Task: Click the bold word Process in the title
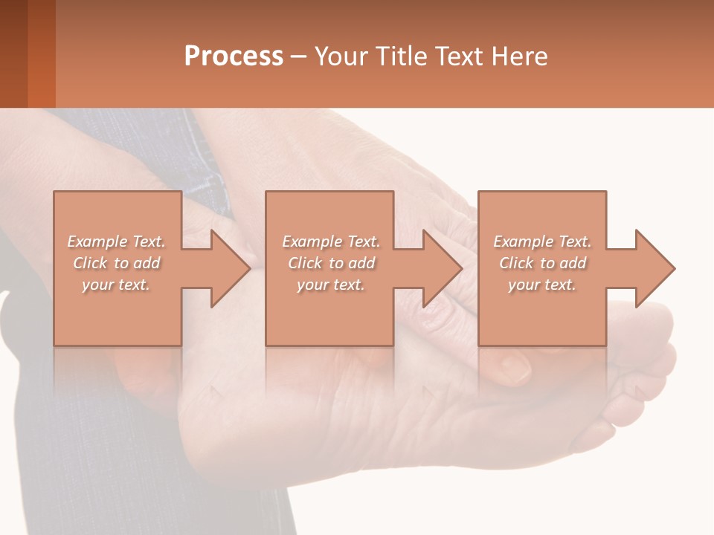pyautogui.click(x=234, y=56)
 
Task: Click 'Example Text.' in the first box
pyautogui.click(x=116, y=241)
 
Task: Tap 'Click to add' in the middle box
pyautogui.click(x=331, y=263)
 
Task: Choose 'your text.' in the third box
pyautogui.click(x=542, y=285)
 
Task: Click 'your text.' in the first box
pyautogui.click(x=116, y=285)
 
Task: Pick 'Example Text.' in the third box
pyautogui.click(x=542, y=241)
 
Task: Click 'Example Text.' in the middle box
pyautogui.click(x=331, y=241)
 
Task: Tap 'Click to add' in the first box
pyautogui.click(x=116, y=263)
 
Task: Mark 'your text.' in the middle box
pyautogui.click(x=331, y=285)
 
